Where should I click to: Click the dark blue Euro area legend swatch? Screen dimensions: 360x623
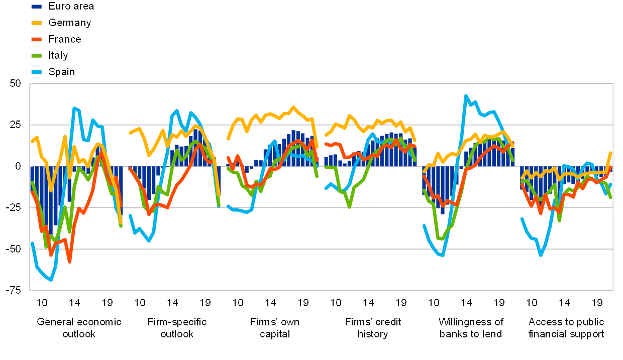36,6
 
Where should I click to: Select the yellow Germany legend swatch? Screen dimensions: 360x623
36,23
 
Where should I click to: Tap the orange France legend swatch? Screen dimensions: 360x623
36,39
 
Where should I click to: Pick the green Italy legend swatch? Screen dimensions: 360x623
36,56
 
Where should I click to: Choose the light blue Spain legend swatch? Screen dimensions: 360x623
36,72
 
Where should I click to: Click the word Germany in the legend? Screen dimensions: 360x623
70,23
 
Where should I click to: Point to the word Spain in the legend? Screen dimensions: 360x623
61,72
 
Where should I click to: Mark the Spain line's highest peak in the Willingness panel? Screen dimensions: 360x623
466,95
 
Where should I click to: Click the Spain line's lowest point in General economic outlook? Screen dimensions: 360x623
51,280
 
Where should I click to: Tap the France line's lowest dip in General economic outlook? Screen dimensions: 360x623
69,262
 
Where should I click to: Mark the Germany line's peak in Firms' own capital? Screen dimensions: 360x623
294,107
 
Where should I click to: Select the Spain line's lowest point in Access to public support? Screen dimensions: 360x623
541,255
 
